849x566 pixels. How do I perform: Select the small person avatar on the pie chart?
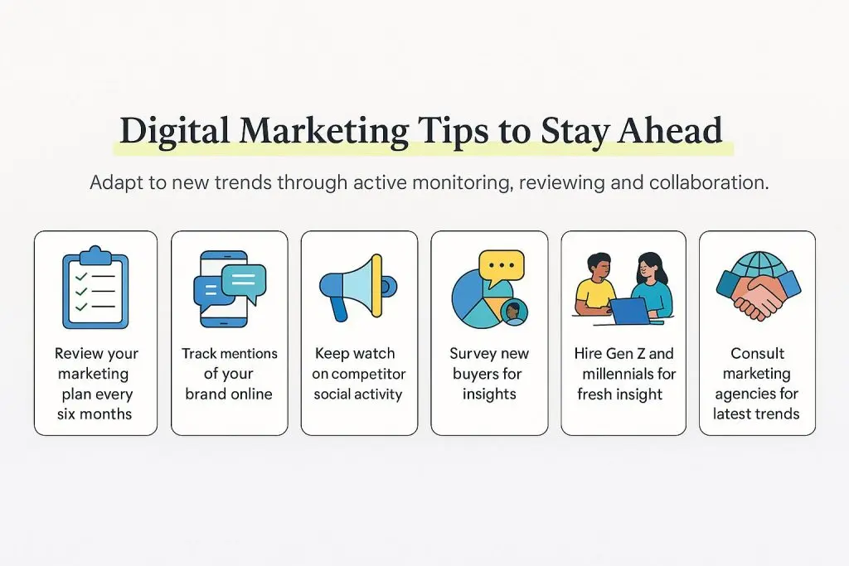click(514, 312)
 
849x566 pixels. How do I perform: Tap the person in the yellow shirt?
click(594, 286)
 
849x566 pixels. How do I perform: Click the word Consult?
click(757, 354)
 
